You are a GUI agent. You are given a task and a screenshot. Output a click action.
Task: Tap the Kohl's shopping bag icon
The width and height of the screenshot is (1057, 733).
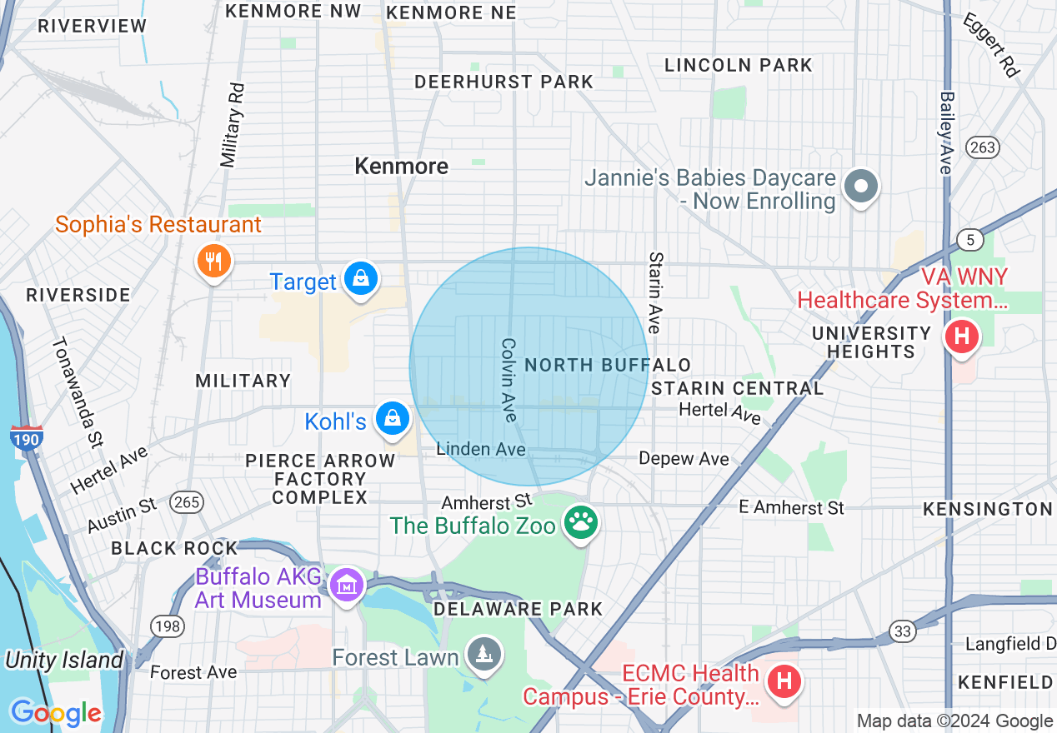point(390,418)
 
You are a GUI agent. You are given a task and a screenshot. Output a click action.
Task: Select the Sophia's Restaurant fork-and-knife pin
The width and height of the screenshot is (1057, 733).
point(214,262)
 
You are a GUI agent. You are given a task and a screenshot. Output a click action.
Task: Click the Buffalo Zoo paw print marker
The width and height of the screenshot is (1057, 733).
point(581,523)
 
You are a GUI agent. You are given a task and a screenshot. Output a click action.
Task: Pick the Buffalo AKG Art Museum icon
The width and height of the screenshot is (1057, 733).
point(345,584)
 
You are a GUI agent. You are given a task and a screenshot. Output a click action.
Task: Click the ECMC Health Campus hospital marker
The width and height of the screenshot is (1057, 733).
point(784,681)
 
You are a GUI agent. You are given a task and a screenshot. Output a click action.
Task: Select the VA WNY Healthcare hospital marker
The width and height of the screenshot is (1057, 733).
point(961,337)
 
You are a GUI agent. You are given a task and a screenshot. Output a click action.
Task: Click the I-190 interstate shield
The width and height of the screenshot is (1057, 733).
point(27,437)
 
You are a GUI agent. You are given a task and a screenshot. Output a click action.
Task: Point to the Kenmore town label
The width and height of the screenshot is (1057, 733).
point(402,166)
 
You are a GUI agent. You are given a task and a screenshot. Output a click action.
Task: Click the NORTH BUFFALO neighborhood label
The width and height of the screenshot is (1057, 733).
point(608,365)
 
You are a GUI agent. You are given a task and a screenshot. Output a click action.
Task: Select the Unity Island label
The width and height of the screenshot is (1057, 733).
point(64,661)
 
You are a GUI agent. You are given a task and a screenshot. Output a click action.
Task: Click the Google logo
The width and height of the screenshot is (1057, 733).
point(56,713)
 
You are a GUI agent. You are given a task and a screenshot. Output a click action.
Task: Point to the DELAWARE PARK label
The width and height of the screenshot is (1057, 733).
point(518,609)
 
